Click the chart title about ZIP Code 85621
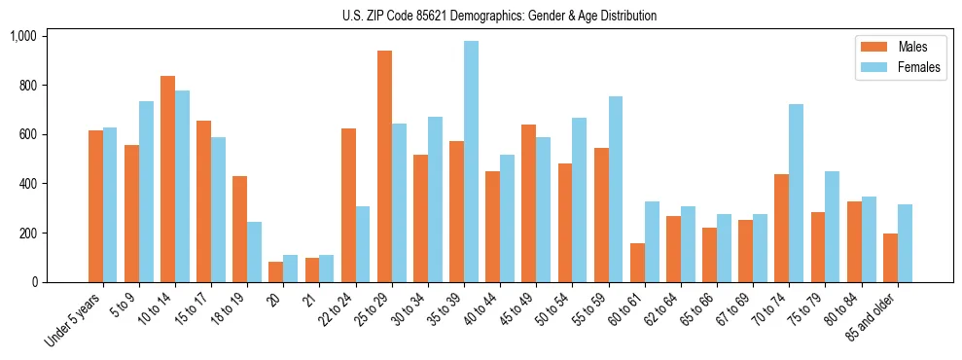coord(499,16)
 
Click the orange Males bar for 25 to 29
coord(384,166)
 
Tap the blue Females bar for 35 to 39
coord(471,162)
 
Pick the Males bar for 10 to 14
coord(168,179)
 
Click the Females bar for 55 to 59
coord(615,189)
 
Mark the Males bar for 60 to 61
coord(637,263)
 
